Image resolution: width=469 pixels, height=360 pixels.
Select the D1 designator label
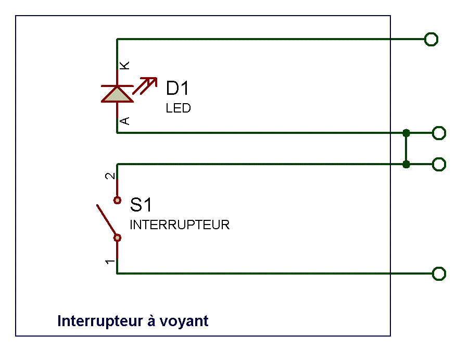[x=177, y=89]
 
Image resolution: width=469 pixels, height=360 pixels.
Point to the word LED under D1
[x=178, y=108]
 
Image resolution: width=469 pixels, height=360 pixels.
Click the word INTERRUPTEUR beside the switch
[x=180, y=225]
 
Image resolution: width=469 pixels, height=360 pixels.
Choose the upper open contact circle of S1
[x=117, y=200]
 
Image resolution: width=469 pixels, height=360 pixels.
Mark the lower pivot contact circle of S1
[x=117, y=238]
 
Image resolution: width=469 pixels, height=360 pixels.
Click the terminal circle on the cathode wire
[x=431, y=39]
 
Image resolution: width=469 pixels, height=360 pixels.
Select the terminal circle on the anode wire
[x=439, y=133]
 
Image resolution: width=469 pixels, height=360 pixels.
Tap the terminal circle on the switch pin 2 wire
[x=439, y=164]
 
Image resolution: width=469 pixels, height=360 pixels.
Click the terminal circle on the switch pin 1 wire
[x=439, y=274]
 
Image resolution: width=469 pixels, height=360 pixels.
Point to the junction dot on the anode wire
[x=407, y=133]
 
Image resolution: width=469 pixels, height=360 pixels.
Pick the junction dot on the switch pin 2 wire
[x=407, y=164]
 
